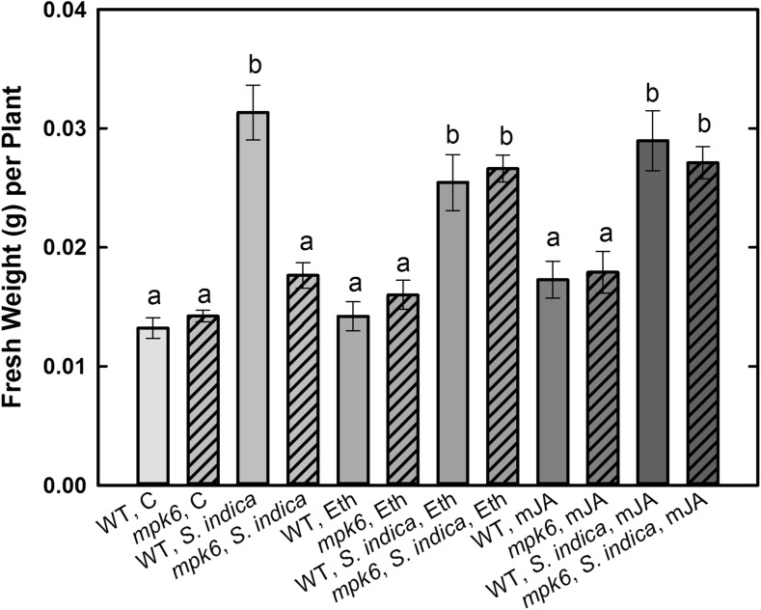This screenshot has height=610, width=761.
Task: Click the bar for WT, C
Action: click(x=153, y=406)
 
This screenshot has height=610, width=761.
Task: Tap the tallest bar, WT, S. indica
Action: click(x=253, y=298)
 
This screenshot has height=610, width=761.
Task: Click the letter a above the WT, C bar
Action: click(x=153, y=300)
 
